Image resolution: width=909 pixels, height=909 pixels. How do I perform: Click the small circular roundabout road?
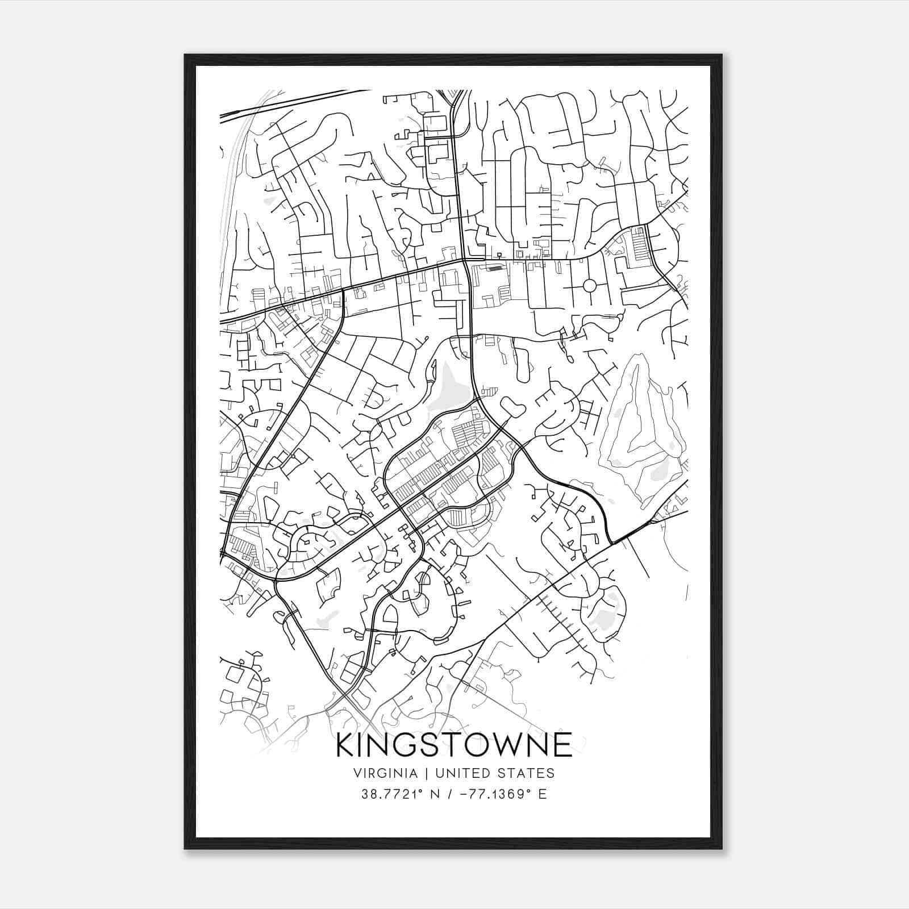coord(589,285)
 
